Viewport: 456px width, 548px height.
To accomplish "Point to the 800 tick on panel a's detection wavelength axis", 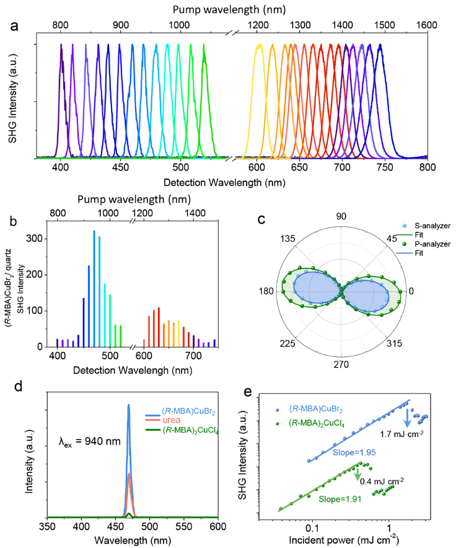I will point(427,168).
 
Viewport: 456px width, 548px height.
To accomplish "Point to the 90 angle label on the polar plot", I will point(340,216).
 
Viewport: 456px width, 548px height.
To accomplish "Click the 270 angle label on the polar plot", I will point(340,364).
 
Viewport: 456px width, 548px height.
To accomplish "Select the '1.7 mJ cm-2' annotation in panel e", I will point(401,433).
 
